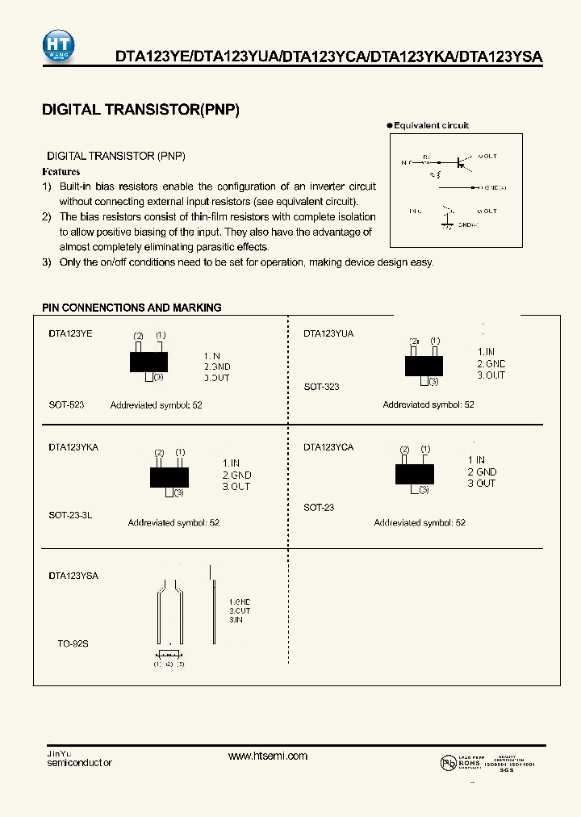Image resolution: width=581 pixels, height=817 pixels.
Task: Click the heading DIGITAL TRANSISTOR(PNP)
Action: (140, 111)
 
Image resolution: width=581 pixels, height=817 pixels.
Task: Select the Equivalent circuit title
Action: (431, 126)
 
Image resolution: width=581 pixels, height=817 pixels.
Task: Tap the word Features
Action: (61, 172)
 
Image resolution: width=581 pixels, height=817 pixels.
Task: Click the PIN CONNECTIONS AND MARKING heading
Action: (132, 308)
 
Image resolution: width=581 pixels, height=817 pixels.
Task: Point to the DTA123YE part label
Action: (70, 333)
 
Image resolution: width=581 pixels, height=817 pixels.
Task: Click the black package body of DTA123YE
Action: (148, 362)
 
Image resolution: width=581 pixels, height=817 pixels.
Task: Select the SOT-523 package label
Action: (66, 404)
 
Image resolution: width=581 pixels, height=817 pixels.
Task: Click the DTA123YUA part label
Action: (328, 333)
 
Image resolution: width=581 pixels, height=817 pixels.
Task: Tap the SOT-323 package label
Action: (321, 387)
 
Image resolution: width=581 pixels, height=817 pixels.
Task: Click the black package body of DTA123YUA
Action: (424, 366)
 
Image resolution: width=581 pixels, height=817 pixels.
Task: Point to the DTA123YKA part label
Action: (73, 446)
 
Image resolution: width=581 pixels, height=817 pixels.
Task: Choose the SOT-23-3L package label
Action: (70, 514)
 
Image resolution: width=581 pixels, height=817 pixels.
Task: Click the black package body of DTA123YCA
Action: (414, 472)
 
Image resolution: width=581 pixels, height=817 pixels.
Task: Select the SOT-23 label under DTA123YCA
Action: (319, 508)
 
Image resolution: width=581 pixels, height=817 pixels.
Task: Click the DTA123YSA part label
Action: (73, 576)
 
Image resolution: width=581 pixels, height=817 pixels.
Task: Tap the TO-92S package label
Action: (73, 644)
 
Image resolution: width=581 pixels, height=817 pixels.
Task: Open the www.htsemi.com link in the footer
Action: (268, 756)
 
